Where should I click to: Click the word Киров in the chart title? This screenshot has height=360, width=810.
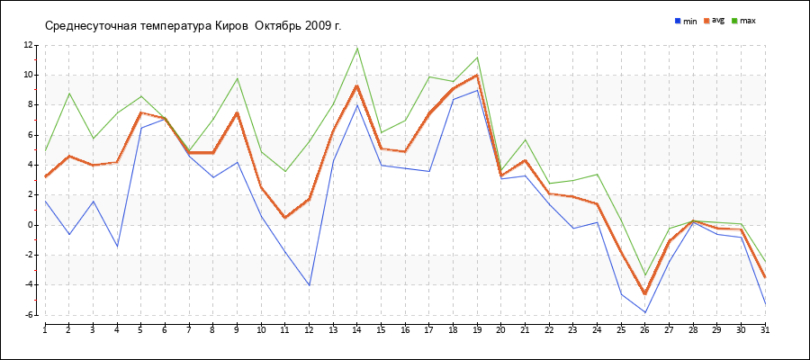tap(228, 26)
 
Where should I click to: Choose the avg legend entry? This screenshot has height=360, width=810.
tap(715, 21)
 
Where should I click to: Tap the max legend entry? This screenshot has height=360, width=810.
tap(744, 22)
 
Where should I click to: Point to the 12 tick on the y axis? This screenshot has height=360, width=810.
tap(28, 46)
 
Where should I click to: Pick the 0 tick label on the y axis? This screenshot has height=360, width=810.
tap(30, 225)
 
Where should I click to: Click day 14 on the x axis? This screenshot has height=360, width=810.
tap(357, 329)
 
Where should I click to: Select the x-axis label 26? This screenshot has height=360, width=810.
tap(644, 329)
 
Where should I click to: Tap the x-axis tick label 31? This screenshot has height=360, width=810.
tap(764, 329)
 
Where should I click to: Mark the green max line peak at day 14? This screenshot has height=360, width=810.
tap(357, 48)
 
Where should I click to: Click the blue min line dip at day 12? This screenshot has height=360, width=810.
tap(309, 285)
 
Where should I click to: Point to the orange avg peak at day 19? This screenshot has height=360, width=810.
tap(477, 75)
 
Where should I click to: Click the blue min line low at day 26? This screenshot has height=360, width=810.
tap(644, 312)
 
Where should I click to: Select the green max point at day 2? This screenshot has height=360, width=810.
tap(69, 93)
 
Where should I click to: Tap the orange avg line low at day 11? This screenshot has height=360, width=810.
tap(285, 218)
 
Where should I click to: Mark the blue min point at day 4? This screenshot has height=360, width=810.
tap(117, 247)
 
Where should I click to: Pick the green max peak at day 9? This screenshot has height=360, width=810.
tap(237, 78)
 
